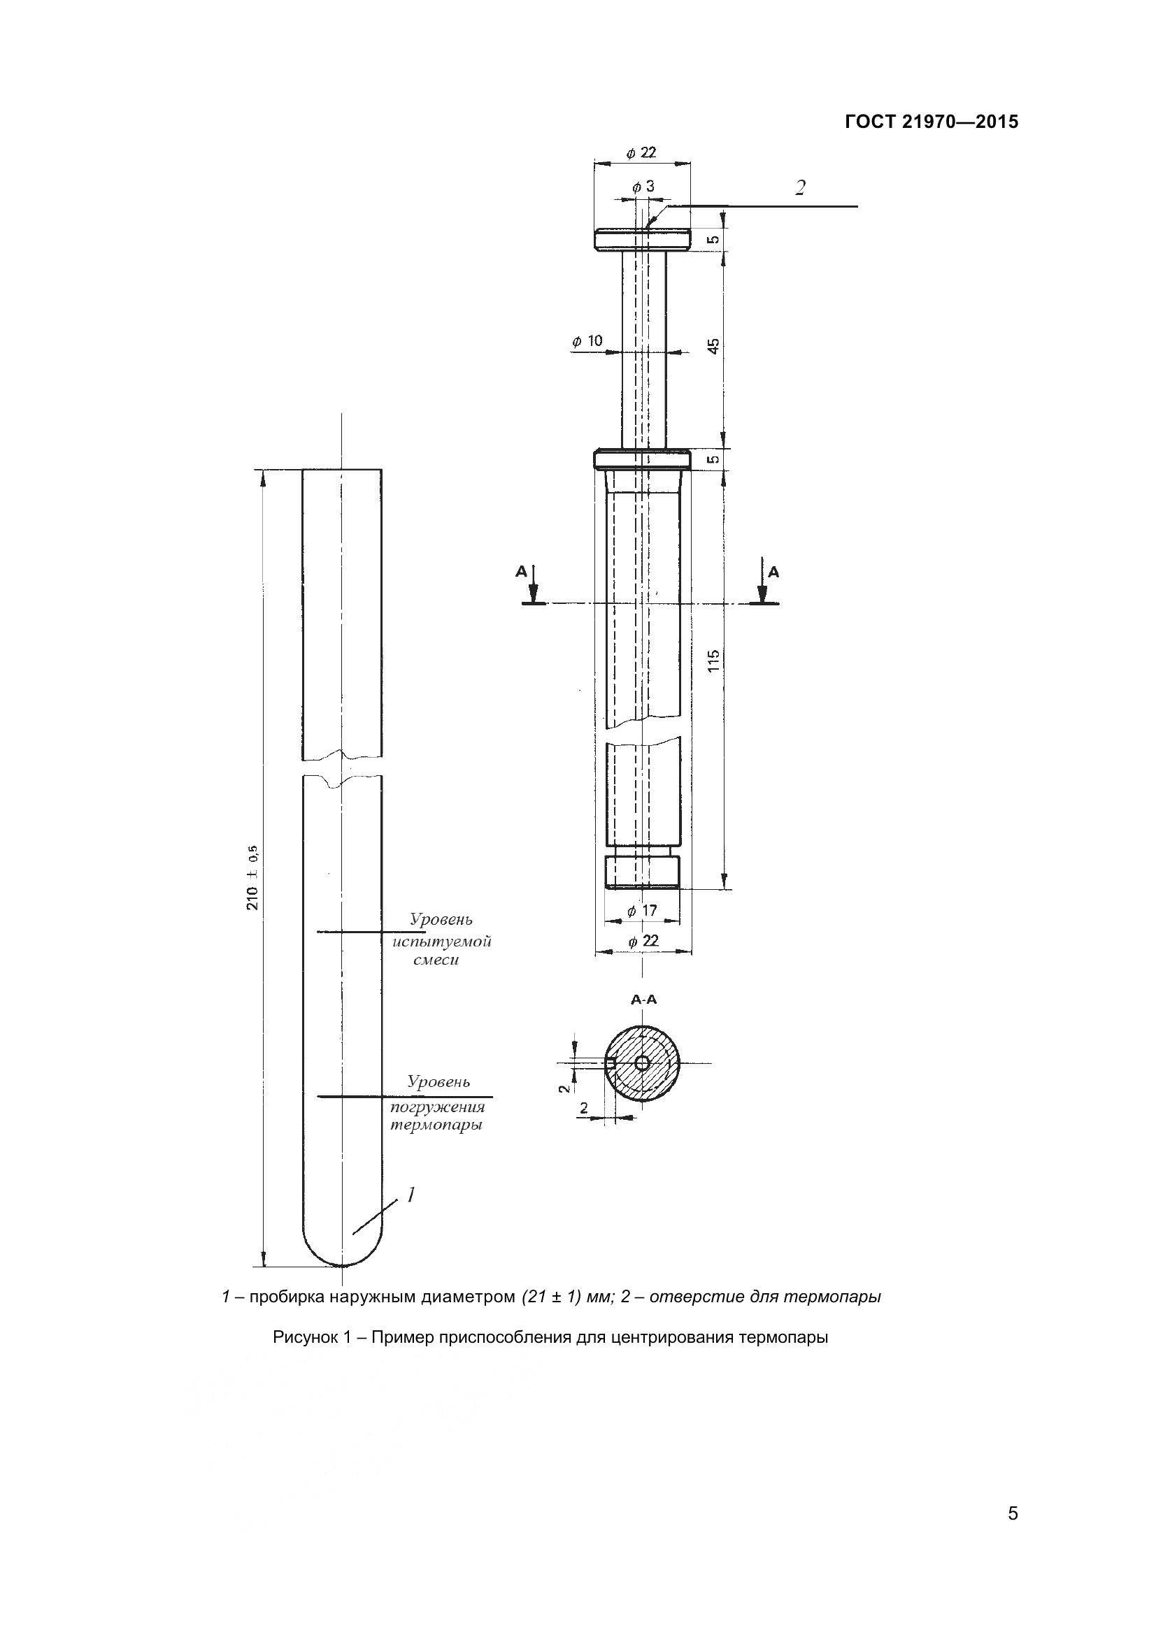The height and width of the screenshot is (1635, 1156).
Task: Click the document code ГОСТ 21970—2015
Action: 932,122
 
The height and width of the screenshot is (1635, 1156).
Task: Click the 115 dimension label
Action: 715,661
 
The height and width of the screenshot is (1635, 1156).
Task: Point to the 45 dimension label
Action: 715,346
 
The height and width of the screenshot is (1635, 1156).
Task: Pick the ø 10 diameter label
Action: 587,341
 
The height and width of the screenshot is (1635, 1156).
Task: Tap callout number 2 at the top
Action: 801,188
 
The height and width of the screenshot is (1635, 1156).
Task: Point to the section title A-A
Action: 644,1000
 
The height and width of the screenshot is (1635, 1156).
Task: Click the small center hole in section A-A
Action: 642,1063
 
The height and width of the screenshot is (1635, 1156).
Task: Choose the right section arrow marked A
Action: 763,583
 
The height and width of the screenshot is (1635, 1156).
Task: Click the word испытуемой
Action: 441,942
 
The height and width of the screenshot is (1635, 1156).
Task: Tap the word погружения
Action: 438,1107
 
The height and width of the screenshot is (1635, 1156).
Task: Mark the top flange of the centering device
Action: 643,238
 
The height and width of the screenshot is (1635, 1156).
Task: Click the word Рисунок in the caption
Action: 303,1338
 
